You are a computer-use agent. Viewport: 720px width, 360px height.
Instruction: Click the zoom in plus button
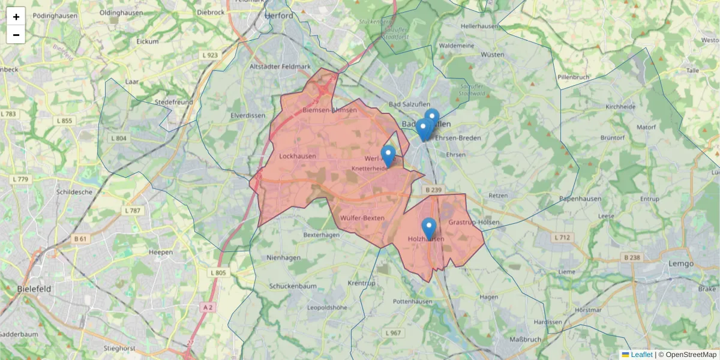[x=16, y=16]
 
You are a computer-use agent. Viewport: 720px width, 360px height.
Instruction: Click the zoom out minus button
[x=16, y=35]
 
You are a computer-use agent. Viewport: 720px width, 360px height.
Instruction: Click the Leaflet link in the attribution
[x=641, y=355]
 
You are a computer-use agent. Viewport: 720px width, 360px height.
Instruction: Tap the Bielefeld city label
[x=34, y=289]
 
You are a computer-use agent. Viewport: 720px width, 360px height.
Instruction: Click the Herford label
[x=279, y=16]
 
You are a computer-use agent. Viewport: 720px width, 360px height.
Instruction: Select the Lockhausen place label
[x=298, y=156]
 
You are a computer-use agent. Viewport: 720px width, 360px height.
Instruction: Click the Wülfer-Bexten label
[x=362, y=217]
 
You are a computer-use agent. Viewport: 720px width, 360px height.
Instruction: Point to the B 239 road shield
[x=433, y=190]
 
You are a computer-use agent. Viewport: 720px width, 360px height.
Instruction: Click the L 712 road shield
[x=562, y=238]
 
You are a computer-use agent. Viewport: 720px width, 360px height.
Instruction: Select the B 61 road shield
[x=80, y=239]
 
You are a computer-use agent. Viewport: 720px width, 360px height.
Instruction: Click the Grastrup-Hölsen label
[x=474, y=222]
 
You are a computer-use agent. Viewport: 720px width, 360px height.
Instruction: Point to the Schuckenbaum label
[x=293, y=286]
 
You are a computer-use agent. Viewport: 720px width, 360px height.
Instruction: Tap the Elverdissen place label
[x=248, y=115]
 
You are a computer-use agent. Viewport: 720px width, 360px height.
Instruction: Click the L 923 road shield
[x=211, y=55]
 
